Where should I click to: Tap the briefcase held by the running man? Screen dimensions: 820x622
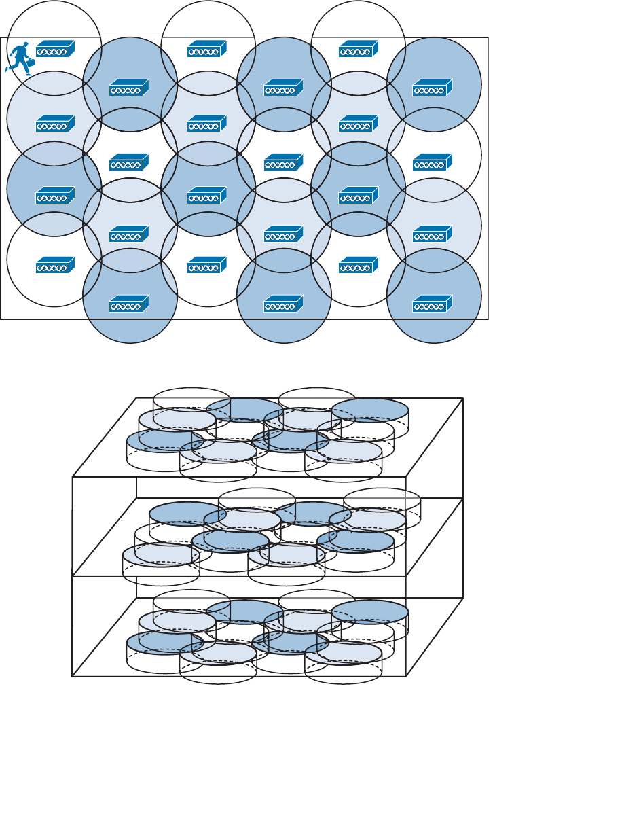pyautogui.click(x=29, y=65)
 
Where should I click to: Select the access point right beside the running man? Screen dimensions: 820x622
pyautogui.click(x=55, y=49)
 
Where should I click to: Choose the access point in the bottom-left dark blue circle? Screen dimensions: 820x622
pyautogui.click(x=129, y=305)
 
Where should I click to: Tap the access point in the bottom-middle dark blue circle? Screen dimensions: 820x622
pyautogui.click(x=283, y=305)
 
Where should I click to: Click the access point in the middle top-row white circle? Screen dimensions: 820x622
pyautogui.click(x=207, y=49)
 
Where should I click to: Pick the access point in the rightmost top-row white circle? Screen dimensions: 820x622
pyautogui.click(x=359, y=49)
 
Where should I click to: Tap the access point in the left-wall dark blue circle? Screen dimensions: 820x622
pyautogui.click(x=55, y=196)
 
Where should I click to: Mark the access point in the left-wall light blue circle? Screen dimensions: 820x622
pyautogui.click(x=55, y=124)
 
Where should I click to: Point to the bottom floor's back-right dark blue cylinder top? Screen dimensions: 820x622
pyautogui.click(x=371, y=610)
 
